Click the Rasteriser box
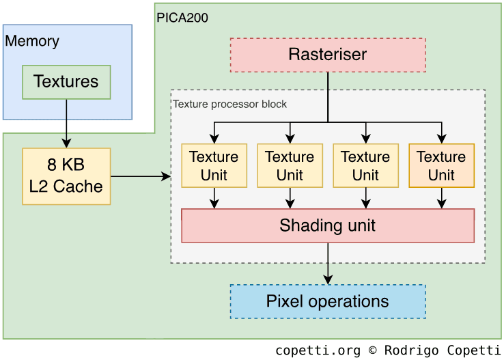[328, 55]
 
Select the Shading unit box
[328, 225]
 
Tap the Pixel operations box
[328, 301]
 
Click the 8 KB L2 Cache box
[66, 176]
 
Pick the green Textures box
[66, 82]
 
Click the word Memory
[32, 41]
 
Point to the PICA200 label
[182, 18]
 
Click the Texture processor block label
[229, 105]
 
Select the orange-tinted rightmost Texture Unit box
[441, 165]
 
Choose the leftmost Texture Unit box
[214, 165]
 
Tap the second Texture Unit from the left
[290, 165]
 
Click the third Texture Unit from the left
[365, 165]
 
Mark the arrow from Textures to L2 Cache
[66, 123]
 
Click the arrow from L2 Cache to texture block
[140, 176]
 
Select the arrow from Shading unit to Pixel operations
[328, 263]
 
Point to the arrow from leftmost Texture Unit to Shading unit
[214, 197]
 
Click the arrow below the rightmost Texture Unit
[441, 197]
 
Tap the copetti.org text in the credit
[318, 350]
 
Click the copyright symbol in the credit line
[372, 350]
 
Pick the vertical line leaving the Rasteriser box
[328, 96]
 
